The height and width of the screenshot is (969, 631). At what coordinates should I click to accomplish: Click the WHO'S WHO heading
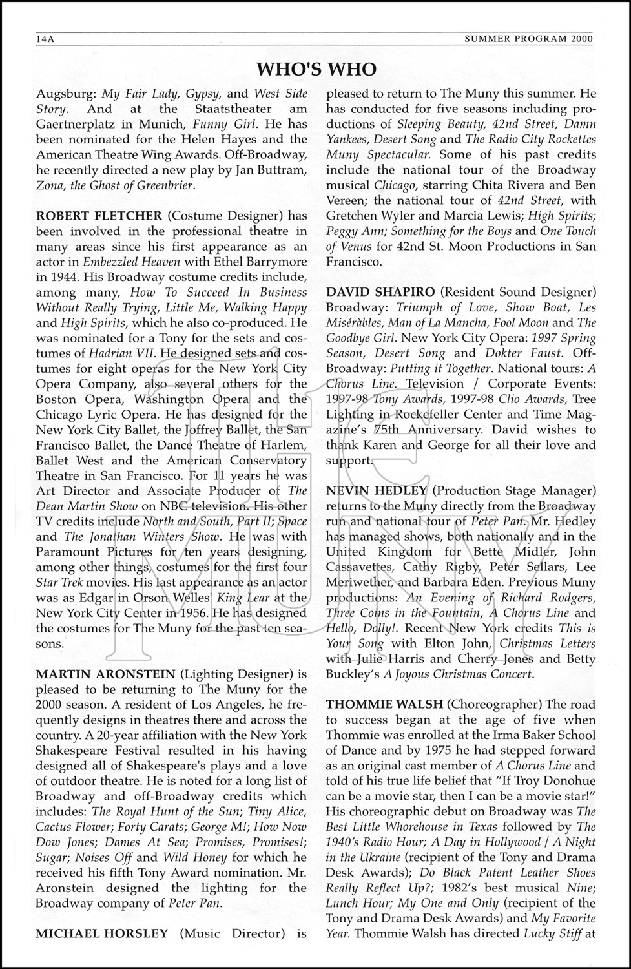pos(316,69)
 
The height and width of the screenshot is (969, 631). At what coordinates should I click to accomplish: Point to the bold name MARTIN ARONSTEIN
pos(105,674)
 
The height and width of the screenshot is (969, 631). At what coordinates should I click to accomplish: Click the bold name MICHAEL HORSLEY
pos(101,933)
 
